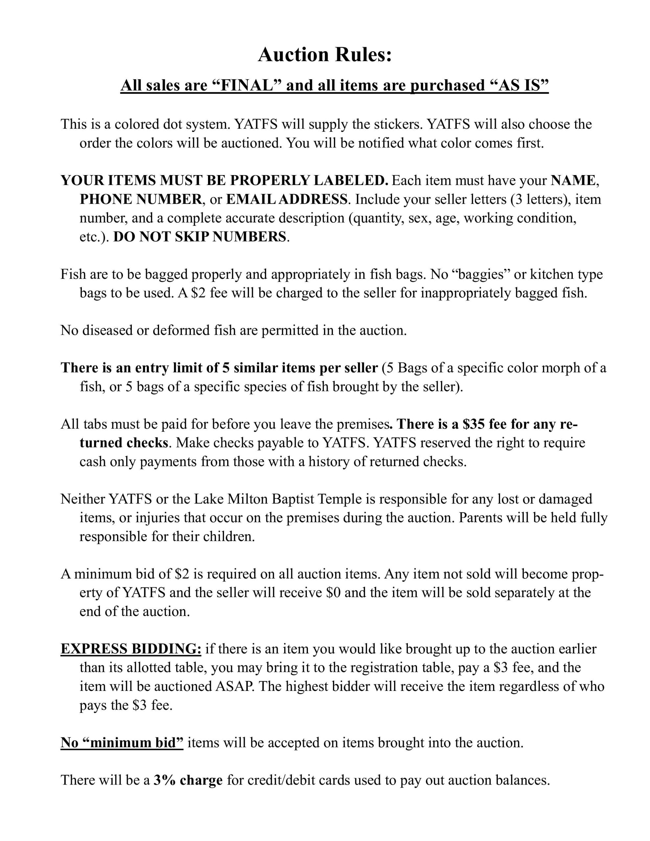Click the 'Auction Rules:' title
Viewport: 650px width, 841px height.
[x=325, y=55]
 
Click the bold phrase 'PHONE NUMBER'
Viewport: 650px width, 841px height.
[x=141, y=199]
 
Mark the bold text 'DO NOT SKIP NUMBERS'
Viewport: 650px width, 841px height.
[x=200, y=237]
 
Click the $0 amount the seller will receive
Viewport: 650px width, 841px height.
[x=333, y=593]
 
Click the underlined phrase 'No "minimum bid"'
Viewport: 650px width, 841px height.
[x=122, y=742]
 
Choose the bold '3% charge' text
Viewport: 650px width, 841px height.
[x=188, y=780]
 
